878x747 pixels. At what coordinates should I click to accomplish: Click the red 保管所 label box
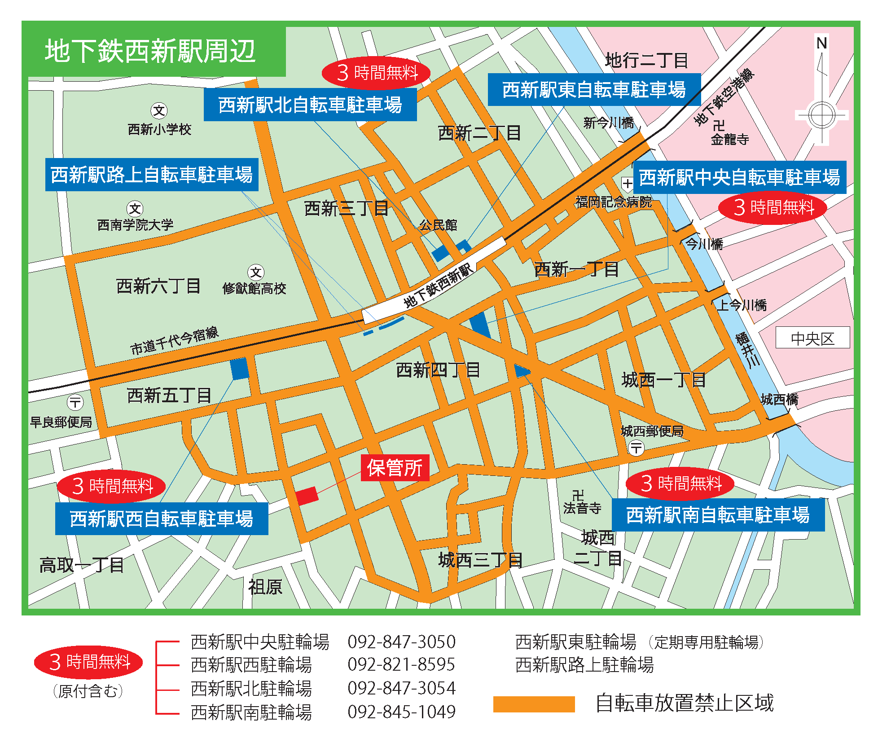[395, 468]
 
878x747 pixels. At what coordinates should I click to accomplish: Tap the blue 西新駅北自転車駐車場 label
[310, 105]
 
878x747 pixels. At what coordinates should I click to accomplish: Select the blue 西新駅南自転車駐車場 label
[718, 515]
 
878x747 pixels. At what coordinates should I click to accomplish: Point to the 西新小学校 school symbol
[159, 110]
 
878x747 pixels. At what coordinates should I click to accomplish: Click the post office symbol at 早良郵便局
[75, 402]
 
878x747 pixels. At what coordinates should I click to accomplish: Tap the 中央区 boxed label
[812, 338]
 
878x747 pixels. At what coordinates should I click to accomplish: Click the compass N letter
[821, 44]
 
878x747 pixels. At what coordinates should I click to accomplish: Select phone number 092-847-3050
[401, 642]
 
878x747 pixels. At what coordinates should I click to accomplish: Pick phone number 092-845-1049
[401, 712]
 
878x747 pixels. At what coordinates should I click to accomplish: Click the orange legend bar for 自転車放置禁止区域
[534, 704]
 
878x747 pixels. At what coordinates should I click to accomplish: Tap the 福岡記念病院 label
[613, 202]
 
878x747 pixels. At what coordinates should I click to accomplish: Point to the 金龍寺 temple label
[730, 140]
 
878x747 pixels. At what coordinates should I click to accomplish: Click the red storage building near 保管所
[307, 496]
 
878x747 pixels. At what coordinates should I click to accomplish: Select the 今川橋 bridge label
[704, 244]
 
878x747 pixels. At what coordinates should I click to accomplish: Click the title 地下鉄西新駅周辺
[150, 51]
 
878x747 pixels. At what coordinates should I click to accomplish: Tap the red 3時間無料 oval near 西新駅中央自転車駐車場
[773, 207]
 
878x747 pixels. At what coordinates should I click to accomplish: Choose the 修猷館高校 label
[254, 288]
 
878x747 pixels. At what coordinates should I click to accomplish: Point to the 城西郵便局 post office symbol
[636, 448]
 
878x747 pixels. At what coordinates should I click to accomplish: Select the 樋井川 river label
[747, 350]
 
